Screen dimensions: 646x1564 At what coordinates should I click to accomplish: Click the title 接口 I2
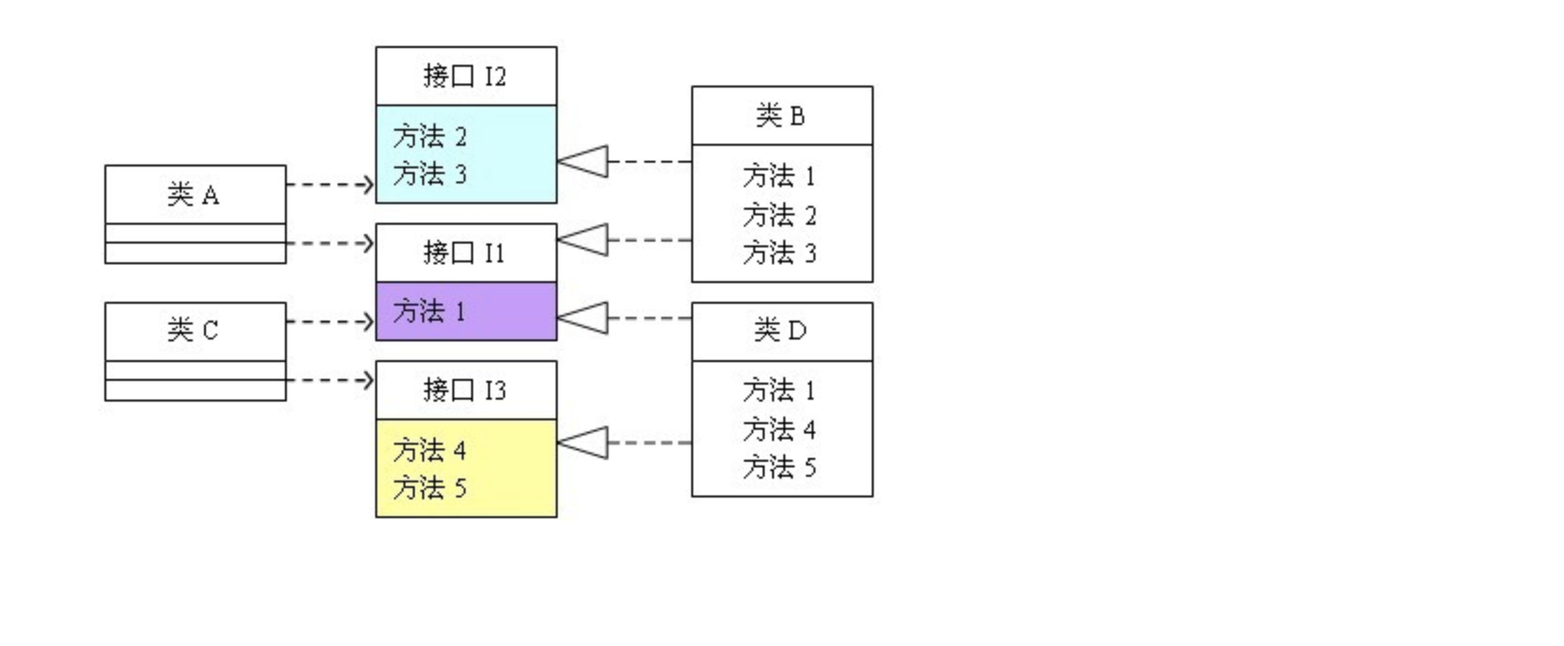pos(465,76)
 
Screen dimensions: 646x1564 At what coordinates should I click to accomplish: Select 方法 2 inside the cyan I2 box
pos(430,136)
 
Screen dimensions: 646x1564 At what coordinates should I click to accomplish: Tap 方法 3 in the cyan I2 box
pos(430,174)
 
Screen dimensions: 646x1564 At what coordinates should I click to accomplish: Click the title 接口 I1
pos(465,252)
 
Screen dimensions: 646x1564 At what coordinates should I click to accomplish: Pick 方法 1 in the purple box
pos(430,311)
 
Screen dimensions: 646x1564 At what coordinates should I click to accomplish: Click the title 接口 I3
pos(465,389)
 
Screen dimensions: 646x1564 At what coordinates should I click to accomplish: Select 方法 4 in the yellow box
pos(430,450)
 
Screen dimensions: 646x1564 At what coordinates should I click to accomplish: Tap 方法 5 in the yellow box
pos(430,488)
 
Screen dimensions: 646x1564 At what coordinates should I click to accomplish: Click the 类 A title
pos(194,195)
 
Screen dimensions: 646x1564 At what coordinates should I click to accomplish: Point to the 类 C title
pos(194,330)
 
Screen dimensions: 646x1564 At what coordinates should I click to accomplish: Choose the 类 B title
pos(781,116)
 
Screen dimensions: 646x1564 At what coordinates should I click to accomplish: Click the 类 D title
pos(781,330)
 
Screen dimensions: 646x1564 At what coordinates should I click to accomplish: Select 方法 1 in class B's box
pos(780,176)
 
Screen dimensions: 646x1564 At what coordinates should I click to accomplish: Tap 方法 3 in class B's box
pos(780,253)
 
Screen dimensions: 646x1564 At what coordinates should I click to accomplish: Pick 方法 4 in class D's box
pos(780,430)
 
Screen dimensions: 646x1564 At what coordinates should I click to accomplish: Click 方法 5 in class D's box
pos(780,467)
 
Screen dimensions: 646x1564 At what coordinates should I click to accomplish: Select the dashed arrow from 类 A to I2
pos(329,184)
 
